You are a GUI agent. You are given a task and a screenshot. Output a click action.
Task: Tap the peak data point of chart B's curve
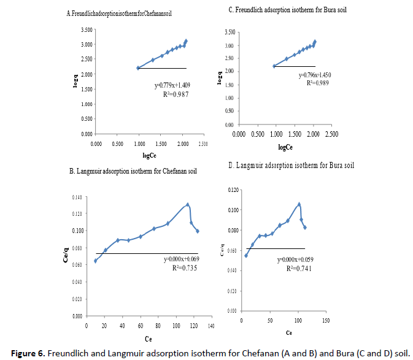pos(188,205)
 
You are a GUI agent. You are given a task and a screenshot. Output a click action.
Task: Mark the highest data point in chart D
pos(299,204)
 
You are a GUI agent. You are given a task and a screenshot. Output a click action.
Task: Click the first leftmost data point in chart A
pos(139,68)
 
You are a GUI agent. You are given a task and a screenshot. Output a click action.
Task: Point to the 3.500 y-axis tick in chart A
pos(87,29)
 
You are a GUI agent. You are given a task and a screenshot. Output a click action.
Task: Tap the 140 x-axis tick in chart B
pos(211,325)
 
